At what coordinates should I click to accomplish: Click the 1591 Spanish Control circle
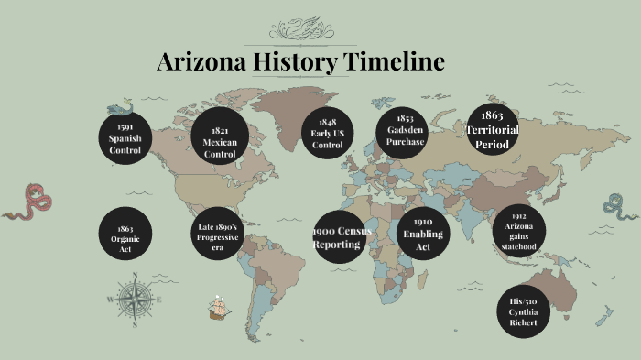click(x=125, y=137)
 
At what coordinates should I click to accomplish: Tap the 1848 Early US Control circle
click(x=327, y=134)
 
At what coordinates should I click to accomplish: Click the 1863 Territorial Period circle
click(x=493, y=130)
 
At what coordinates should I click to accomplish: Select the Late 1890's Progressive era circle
click(x=218, y=235)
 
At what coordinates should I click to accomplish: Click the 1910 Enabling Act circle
click(x=422, y=235)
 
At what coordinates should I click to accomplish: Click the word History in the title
click(x=294, y=62)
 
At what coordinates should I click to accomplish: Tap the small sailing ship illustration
click(x=218, y=309)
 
